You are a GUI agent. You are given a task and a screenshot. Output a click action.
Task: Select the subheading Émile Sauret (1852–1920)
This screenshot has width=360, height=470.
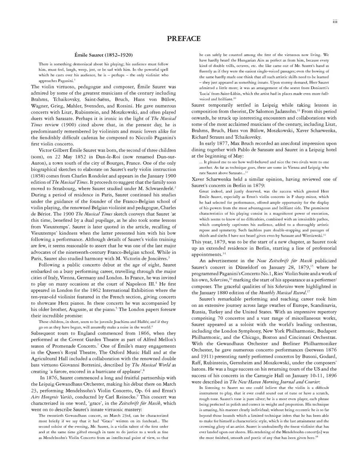click(x=104, y=54)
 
